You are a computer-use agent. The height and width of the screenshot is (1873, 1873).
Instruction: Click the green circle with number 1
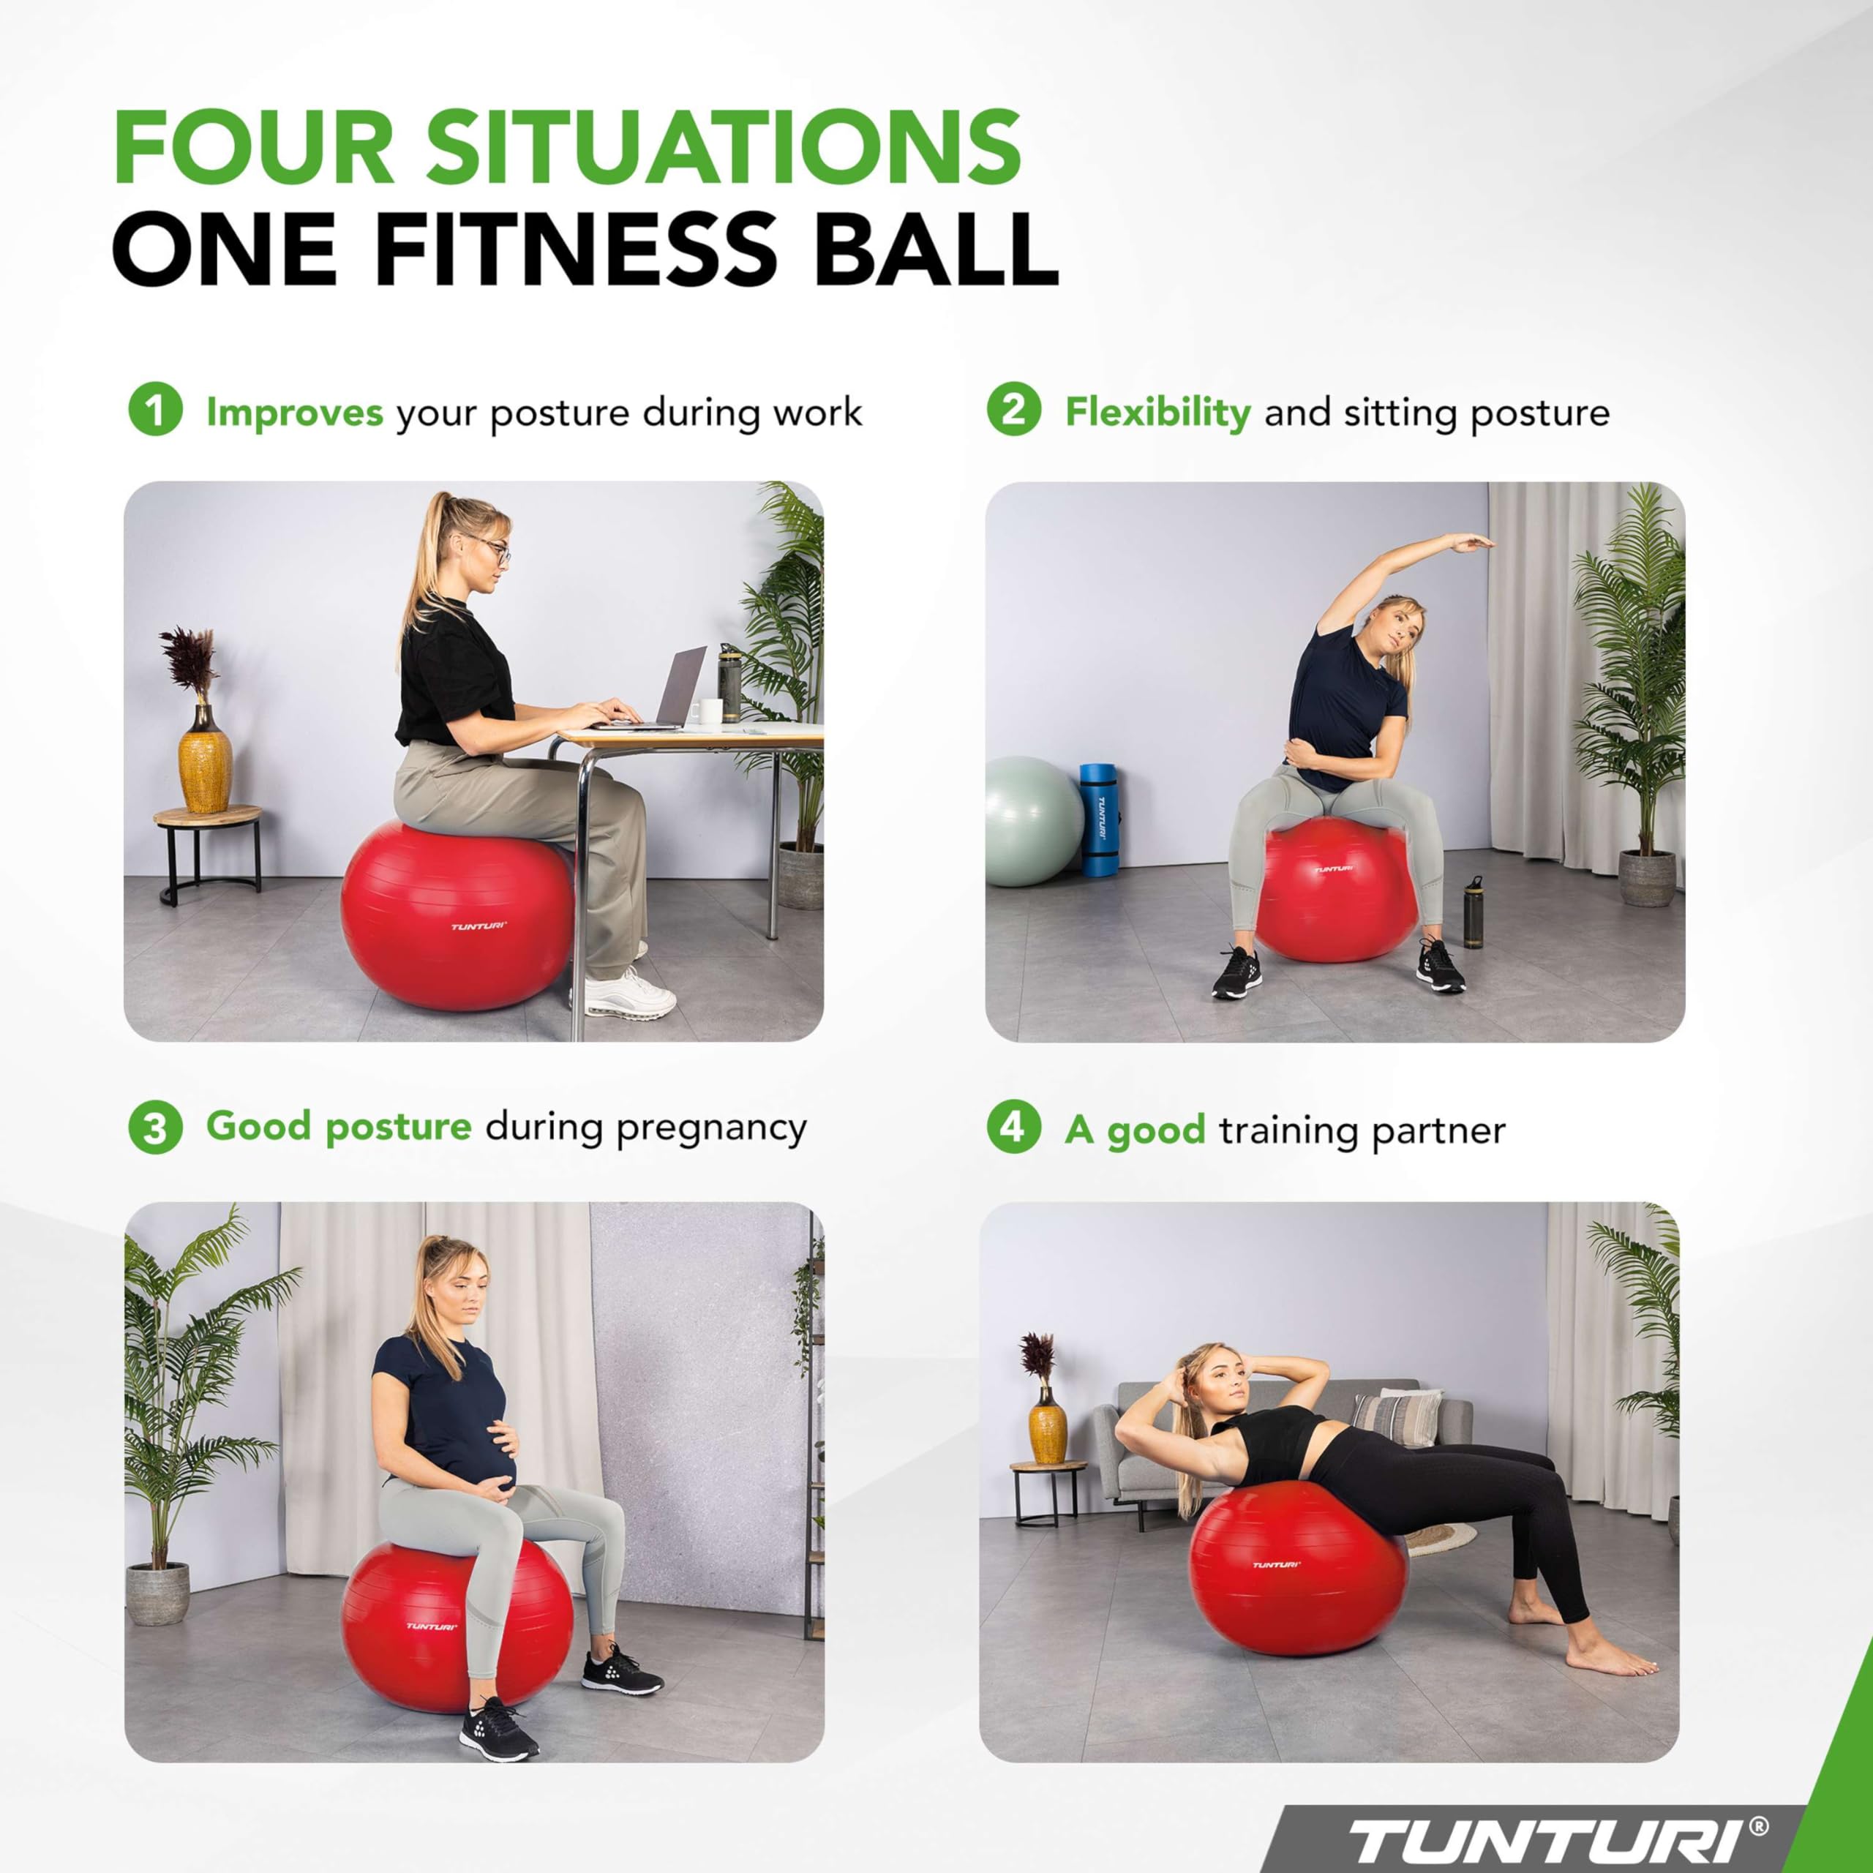pos(155,410)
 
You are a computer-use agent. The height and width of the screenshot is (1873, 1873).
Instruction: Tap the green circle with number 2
pos(1013,410)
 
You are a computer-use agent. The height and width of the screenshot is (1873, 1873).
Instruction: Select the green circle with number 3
pos(155,1128)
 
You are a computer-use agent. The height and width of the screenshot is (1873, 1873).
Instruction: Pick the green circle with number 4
pos(1013,1128)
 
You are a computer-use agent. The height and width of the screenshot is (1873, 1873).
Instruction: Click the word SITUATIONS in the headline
pos(721,146)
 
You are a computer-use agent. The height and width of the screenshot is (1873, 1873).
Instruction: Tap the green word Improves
pos(293,413)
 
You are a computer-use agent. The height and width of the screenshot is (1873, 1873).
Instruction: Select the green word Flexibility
pos(1157,413)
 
